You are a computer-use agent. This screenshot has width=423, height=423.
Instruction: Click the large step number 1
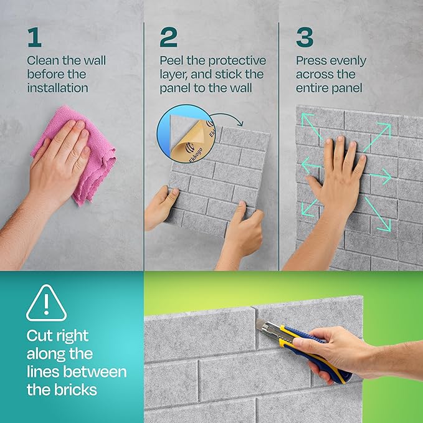pyautogui.click(x=34, y=37)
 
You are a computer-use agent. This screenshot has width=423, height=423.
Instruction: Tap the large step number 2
pyautogui.click(x=168, y=37)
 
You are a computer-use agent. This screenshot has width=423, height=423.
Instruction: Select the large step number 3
pyautogui.click(x=305, y=37)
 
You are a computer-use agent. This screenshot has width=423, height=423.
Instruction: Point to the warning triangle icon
pyautogui.click(x=46, y=303)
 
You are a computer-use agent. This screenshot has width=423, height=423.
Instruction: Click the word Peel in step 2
pyautogui.click(x=171, y=60)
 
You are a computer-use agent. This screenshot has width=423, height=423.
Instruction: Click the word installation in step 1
pyautogui.click(x=58, y=88)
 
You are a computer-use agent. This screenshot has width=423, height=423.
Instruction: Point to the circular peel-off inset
pyautogui.click(x=186, y=134)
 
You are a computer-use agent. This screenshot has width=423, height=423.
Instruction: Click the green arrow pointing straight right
pyautogui.click(x=381, y=177)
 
